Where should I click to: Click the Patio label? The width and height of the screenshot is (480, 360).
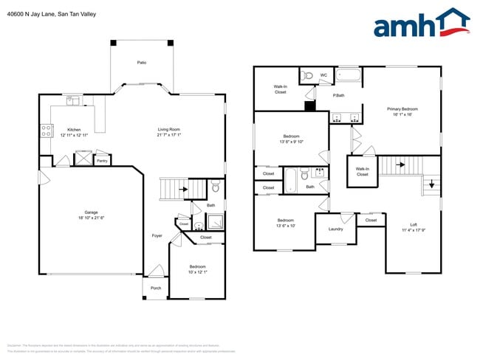(141, 63)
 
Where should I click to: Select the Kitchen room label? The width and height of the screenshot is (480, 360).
(74, 129)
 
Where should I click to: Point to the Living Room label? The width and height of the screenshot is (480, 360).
(169, 129)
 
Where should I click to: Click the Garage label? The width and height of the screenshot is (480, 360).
(92, 212)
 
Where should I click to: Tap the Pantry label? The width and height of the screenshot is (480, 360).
(102, 159)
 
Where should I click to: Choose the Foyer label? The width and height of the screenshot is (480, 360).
(157, 235)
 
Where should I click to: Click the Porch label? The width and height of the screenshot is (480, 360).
(156, 288)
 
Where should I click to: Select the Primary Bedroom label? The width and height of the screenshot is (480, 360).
(403, 108)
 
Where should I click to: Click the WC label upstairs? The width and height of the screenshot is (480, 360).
(323, 75)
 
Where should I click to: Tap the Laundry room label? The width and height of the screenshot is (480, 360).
(336, 229)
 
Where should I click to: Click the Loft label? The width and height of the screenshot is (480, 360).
(414, 224)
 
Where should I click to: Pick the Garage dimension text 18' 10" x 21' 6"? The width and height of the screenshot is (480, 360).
(92, 217)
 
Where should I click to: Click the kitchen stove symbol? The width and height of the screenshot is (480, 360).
(46, 131)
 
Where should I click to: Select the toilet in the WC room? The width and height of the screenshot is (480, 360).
(309, 75)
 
